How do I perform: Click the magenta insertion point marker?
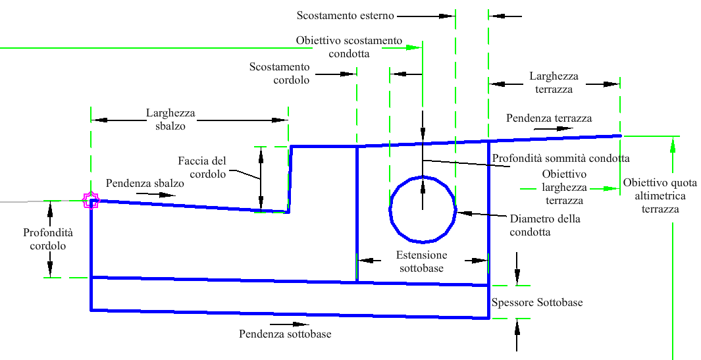90,200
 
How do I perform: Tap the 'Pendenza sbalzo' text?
145,184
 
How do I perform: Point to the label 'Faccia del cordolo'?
202,167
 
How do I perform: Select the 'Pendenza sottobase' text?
285,334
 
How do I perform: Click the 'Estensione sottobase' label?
421,261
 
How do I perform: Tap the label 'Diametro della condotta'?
545,225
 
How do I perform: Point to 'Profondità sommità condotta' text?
561,159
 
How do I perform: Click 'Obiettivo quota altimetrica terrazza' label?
654,195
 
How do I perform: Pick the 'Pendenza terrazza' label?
549,118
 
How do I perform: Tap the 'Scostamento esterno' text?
345,14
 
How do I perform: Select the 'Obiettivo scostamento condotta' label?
349,47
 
